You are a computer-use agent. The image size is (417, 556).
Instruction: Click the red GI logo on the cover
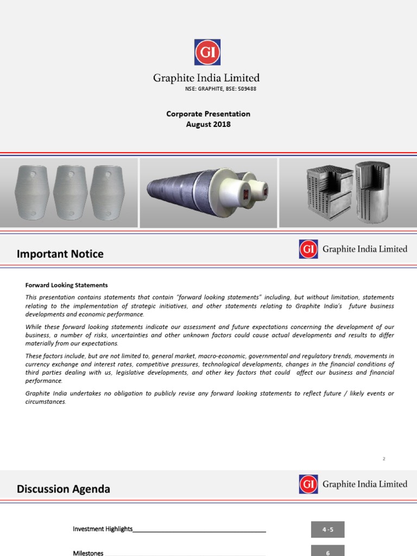207,52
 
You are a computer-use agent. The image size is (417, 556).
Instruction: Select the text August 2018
208,124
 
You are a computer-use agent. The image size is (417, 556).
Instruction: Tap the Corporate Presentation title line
208,114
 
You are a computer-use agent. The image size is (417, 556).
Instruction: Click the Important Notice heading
60,254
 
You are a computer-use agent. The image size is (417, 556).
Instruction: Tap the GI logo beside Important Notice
308,249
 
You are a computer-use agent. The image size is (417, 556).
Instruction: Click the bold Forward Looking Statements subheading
67,285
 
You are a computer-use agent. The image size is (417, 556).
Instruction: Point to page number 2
384,459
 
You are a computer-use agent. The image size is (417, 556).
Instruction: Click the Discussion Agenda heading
64,489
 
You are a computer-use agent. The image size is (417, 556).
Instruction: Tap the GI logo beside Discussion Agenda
308,484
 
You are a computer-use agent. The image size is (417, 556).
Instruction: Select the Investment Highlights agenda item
103,529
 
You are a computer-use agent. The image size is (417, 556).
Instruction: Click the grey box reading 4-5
327,529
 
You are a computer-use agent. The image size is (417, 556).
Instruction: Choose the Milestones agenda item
88,553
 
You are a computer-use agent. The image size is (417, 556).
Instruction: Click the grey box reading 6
327,551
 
